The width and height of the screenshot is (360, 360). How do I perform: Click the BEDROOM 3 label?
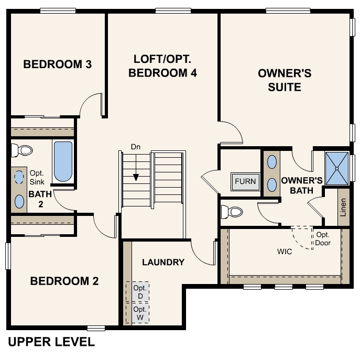pos(58,64)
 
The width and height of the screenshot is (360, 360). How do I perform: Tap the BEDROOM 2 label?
pos(64,281)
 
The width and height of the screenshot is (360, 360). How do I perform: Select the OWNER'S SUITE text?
pos(285,80)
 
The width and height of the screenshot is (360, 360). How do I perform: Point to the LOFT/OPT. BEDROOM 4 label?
pos(162,66)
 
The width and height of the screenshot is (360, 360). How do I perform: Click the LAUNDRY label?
pos(163,262)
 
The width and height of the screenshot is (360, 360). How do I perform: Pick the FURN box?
pos(245,182)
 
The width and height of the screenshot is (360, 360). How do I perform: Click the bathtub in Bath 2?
pos(63,161)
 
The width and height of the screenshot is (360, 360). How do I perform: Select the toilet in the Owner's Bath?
pos(232,212)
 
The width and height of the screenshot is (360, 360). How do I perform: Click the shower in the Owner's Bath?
pos(336,168)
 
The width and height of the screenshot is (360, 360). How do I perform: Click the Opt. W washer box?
pos(138,313)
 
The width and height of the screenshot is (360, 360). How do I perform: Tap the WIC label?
pos(285,252)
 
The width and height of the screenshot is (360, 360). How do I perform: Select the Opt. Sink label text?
pos(37,177)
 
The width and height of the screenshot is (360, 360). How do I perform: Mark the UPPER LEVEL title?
pos(51,342)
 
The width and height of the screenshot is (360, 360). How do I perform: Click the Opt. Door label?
pos(323,239)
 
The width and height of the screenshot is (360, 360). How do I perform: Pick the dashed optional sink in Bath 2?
pos(19,177)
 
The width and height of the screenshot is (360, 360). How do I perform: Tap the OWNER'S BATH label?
pos(297,185)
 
